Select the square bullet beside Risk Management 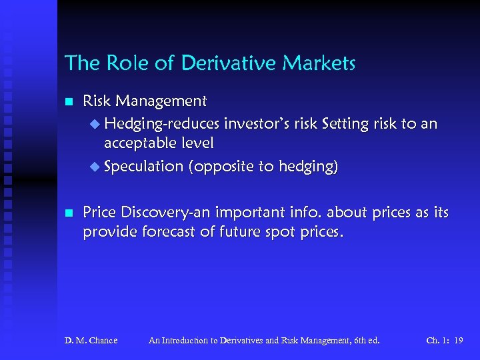click(67, 102)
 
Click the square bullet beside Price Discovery click(67, 213)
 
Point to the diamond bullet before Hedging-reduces click(93, 124)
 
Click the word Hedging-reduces click(162, 124)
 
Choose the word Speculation click(143, 167)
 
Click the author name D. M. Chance click(91, 340)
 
